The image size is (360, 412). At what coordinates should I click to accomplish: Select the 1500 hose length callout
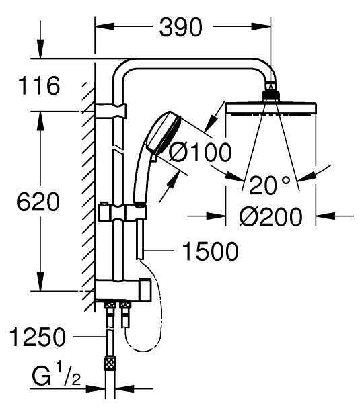click(209, 252)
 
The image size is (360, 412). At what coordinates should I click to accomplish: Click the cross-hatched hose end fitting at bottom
click(108, 364)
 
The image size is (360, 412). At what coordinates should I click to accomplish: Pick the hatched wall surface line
click(87, 195)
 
